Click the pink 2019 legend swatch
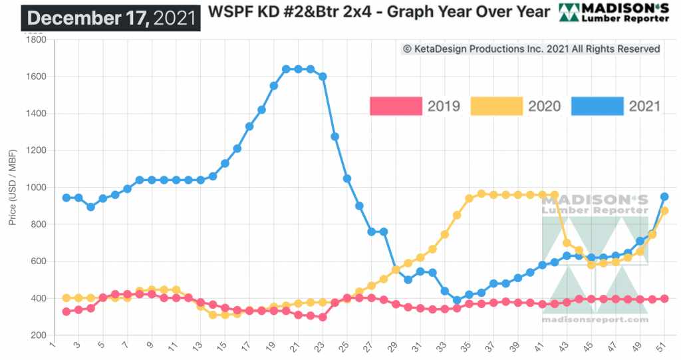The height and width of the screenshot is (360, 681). [396, 106]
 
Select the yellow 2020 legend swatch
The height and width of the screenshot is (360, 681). [496, 106]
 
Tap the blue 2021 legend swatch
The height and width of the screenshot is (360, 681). [597, 106]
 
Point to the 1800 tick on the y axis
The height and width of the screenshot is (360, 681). [35, 40]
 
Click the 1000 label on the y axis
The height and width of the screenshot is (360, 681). [35, 188]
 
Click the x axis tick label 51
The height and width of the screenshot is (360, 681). [663, 347]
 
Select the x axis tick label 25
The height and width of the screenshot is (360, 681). [346, 347]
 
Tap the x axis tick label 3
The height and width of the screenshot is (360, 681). [78, 347]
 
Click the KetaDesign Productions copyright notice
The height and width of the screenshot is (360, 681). [531, 49]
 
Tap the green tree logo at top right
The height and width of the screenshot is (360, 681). [569, 13]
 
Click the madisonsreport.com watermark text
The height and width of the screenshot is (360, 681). [595, 319]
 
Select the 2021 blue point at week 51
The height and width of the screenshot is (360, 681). [664, 197]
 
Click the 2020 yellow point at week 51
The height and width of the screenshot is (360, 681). [664, 211]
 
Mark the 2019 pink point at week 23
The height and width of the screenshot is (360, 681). [323, 317]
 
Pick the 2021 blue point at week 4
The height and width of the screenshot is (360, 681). [90, 207]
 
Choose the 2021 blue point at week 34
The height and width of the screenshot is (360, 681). [457, 300]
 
